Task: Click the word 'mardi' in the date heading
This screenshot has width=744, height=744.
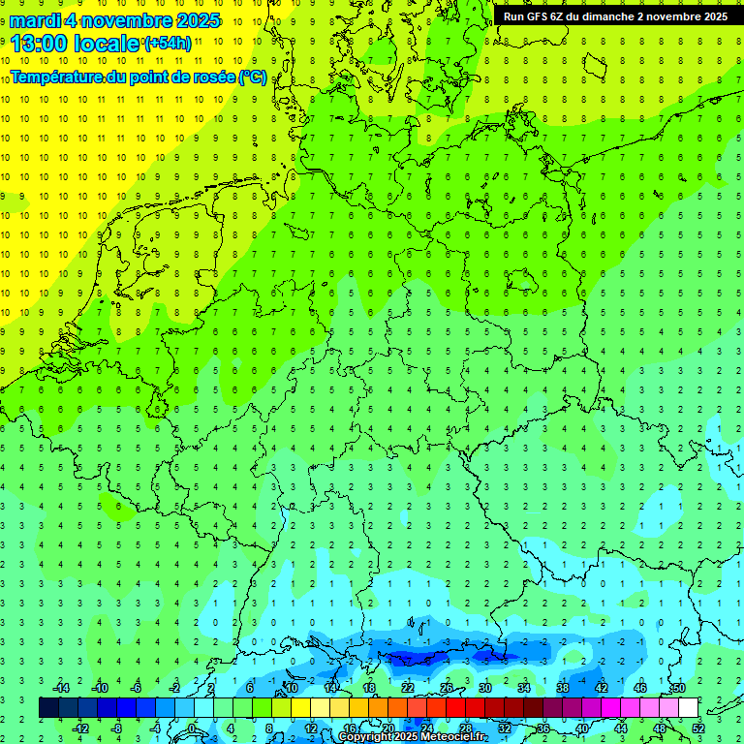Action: (x=35, y=20)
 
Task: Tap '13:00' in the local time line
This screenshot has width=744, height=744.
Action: (x=40, y=43)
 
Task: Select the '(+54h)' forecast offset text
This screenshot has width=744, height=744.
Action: (x=168, y=43)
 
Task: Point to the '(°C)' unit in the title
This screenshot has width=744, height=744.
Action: (x=253, y=77)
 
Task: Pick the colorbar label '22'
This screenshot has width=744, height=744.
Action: (x=408, y=688)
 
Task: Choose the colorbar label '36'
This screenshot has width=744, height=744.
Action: (x=543, y=728)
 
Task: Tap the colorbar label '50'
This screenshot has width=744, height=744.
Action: (x=679, y=688)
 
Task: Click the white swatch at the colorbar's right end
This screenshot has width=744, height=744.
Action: (x=689, y=708)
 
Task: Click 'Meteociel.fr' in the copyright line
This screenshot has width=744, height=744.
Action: (x=454, y=737)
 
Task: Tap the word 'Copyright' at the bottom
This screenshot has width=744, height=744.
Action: (x=364, y=737)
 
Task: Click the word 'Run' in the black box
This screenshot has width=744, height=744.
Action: (x=513, y=16)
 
